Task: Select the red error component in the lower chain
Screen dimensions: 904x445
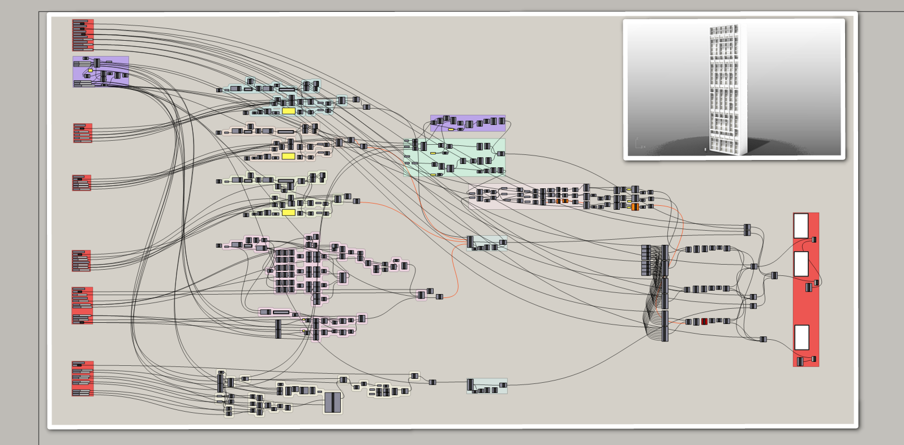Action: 704,321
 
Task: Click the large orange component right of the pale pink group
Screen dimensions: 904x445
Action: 635,207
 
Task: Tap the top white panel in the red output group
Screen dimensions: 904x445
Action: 801,226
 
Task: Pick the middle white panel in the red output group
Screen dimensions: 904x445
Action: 801,264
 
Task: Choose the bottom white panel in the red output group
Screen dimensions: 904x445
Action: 802,338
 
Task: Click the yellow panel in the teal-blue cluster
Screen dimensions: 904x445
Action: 289,111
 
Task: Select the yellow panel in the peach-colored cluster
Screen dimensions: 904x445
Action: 289,156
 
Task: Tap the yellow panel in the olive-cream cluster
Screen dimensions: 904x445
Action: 289,213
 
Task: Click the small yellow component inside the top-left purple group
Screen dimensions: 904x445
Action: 90,71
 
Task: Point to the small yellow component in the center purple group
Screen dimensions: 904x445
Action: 451,129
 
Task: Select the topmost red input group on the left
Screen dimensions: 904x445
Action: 83,35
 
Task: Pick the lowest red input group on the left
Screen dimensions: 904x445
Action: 83,378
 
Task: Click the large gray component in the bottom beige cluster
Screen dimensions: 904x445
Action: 333,403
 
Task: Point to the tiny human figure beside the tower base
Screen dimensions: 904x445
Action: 705,149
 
